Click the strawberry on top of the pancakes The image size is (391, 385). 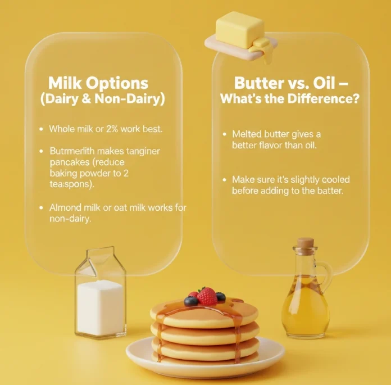tap(207, 296)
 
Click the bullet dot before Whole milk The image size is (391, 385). tap(41, 129)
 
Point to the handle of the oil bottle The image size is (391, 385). tap(326, 273)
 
